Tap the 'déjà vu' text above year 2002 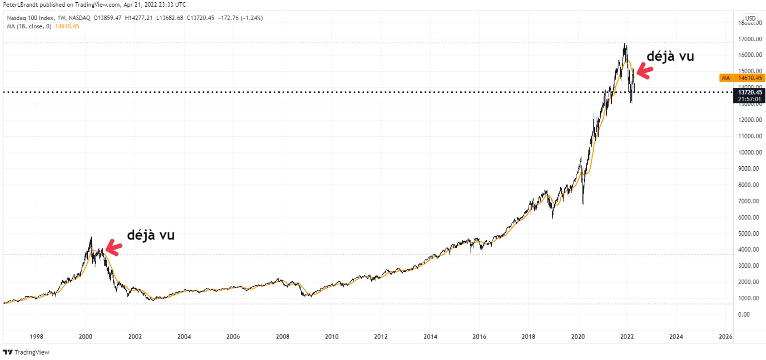pos(151,235)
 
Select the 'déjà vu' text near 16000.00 pos(670,56)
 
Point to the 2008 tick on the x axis pos(282,337)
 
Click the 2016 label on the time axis pos(479,337)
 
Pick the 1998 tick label pos(36,337)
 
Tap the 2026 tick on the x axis pos(725,337)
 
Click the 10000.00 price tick pos(750,152)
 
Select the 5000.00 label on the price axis pos(750,234)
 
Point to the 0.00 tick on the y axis pos(744,315)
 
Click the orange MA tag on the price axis pos(726,78)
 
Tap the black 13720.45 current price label pos(749,92)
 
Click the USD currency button pos(750,18)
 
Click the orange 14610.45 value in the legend pos(67,26)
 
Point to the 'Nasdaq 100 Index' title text pos(30,18)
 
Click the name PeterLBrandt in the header pos(20,4)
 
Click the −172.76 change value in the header pos(227,18)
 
